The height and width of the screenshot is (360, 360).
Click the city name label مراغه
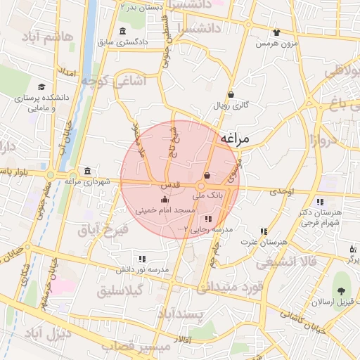point(235,139)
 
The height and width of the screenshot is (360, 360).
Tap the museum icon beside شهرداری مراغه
point(86,172)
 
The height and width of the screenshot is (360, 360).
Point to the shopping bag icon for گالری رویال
point(231,95)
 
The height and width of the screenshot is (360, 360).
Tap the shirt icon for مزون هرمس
point(276,32)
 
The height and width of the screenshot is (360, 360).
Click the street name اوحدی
point(281,191)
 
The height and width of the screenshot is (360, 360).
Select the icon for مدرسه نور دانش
point(143,259)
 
